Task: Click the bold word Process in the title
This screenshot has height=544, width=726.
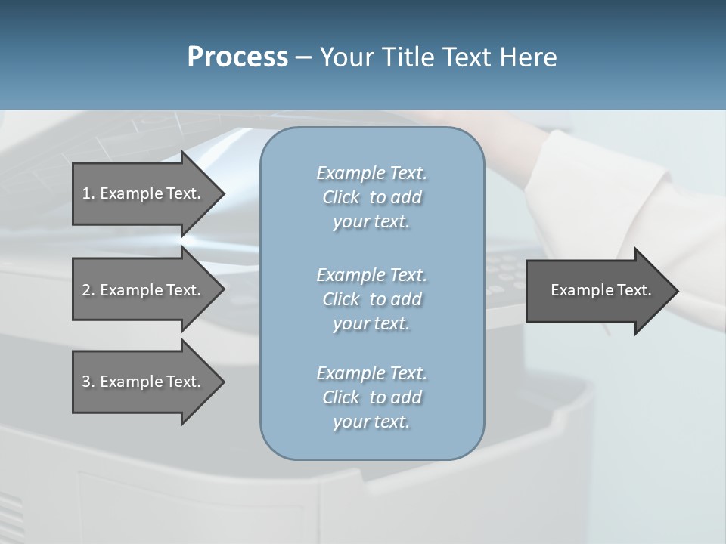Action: [237, 57]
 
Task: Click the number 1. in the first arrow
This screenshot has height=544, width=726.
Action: [88, 193]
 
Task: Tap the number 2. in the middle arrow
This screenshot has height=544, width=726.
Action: [88, 290]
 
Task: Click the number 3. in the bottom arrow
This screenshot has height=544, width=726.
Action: [88, 382]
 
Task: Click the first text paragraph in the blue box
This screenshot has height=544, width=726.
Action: [371, 197]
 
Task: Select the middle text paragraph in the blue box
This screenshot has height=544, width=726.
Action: [371, 299]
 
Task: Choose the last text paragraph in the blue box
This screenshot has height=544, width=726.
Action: [371, 397]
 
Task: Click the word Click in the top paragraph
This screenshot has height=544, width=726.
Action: [341, 197]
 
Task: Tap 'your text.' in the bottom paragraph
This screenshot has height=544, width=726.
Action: [371, 422]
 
